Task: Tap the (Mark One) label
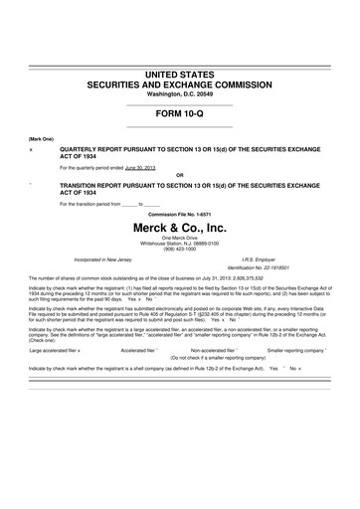[x=42, y=138]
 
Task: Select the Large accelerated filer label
[x=55, y=351]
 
